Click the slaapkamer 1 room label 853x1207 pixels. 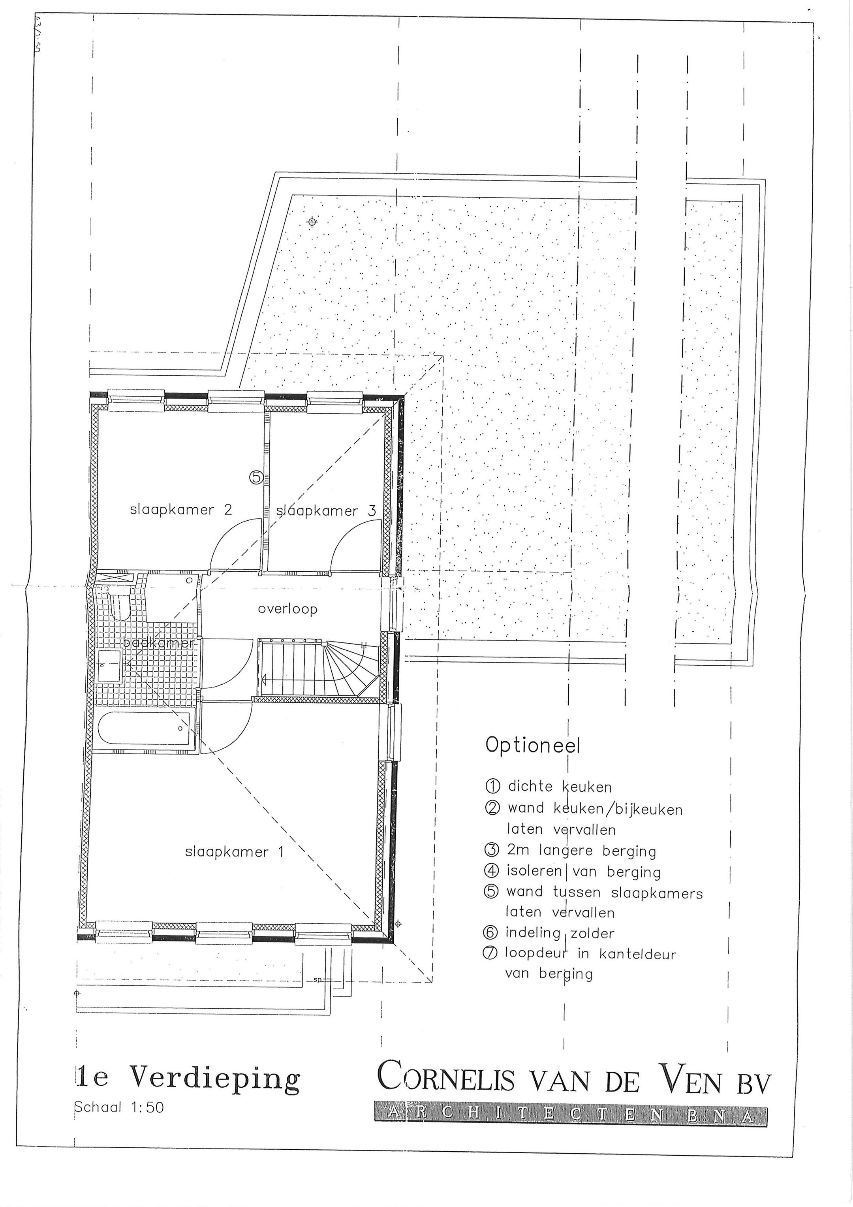coord(235,852)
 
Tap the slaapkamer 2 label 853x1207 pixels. coord(181,510)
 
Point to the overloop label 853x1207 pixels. coord(287,609)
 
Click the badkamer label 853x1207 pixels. coord(158,644)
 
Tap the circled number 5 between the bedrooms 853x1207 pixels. coord(256,477)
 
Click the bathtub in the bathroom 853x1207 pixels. coord(144,729)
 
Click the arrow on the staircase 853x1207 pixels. coord(264,680)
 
